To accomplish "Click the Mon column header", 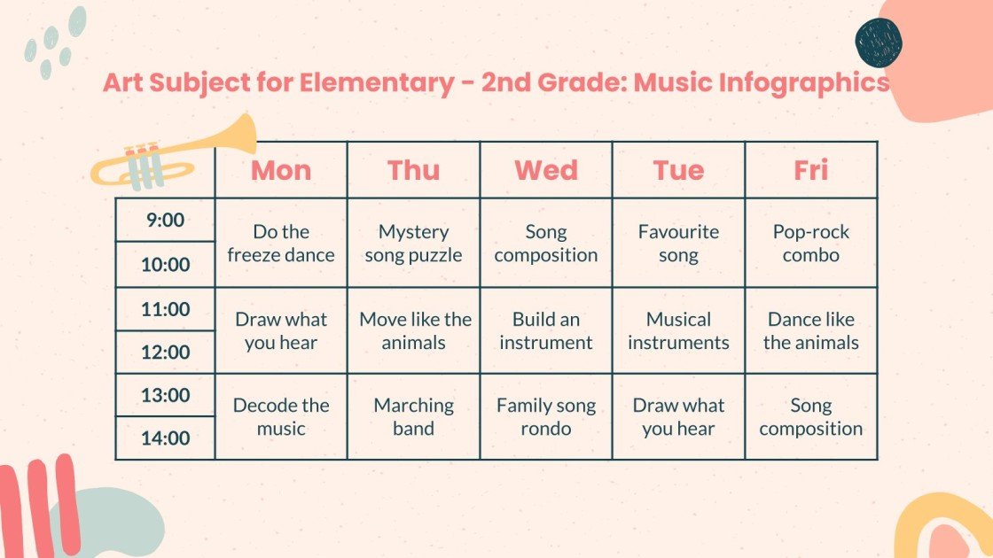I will click(281, 170).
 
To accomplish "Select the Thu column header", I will click(413, 170).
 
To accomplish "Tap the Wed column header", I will click(546, 170).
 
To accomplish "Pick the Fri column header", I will click(810, 170).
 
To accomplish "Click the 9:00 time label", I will click(165, 220).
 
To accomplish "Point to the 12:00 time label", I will click(165, 352).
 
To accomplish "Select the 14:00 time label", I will click(165, 438).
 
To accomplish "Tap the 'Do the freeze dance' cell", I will click(281, 244).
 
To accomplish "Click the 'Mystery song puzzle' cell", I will click(413, 244).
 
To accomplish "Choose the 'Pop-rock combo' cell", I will click(810, 244).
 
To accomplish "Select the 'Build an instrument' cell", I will click(546, 330).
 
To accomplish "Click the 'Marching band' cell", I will click(413, 416).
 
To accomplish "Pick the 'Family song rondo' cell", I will click(546, 416).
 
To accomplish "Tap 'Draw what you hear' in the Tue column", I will click(678, 416).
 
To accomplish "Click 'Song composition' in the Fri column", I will click(810, 416).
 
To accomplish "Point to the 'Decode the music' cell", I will click(281, 416).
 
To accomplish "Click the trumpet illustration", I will click(173, 155).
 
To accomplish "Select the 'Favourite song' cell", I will click(678, 244).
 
